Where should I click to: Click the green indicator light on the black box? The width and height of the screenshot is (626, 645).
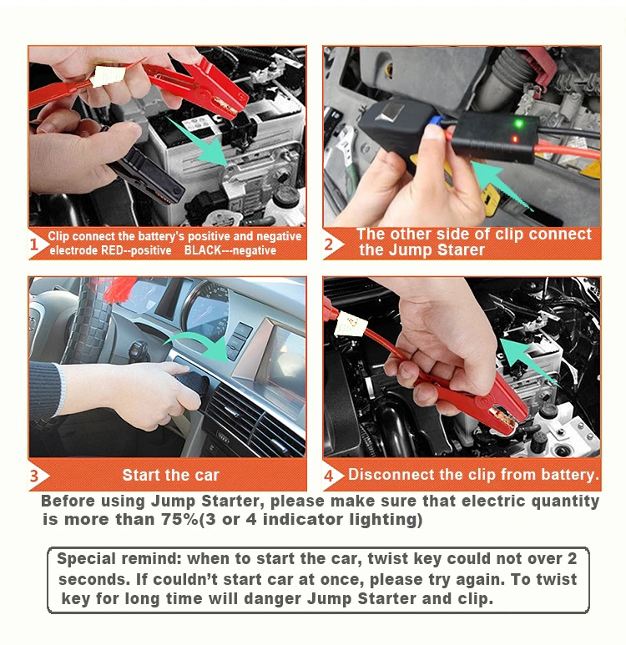coord(519,123)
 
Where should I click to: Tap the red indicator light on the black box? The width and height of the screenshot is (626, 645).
coord(514,139)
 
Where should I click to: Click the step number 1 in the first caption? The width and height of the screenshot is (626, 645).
coord(34,244)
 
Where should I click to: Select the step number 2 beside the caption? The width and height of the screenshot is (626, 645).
coord(328,244)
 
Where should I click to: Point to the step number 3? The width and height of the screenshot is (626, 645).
coord(34,476)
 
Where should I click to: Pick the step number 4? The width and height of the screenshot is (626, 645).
coord(328,476)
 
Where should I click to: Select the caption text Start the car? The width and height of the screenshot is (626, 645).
coord(170,475)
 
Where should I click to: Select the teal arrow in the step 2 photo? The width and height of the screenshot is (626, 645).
coord(502,185)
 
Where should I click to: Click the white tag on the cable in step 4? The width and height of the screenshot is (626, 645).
coord(351,324)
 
